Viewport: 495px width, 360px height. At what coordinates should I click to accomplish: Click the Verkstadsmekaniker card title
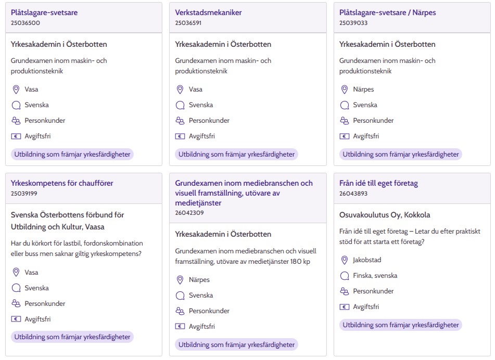pos(208,12)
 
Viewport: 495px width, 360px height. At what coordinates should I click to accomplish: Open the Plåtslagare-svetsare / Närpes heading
pos(387,12)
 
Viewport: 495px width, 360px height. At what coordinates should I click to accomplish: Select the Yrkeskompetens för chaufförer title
pos(62,183)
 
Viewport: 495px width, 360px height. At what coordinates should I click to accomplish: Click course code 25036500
pos(26,23)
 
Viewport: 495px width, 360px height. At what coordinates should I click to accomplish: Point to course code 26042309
pos(189,212)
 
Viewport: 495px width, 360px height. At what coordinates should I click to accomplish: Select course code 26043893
pos(353,194)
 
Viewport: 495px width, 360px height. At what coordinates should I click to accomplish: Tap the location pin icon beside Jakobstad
pos(344,260)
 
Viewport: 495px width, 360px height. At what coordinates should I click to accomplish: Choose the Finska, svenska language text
pos(375,276)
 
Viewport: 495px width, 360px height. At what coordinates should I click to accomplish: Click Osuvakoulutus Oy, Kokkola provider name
pos(385,215)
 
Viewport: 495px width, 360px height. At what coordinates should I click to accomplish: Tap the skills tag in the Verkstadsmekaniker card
pos(237,154)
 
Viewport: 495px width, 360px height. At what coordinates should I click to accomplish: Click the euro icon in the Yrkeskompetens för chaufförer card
pos(16,319)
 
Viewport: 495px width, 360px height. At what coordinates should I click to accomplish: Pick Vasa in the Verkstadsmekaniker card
pos(196,89)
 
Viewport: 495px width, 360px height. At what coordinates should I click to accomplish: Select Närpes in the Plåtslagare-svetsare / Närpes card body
pos(363,89)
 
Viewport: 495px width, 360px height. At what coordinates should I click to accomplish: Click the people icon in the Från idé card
pos(344,291)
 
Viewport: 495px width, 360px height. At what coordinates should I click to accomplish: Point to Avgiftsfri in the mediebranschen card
pos(201,327)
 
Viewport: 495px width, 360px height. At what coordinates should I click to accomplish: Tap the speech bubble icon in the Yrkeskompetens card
pos(16,288)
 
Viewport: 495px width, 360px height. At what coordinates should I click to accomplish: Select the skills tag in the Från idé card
pos(401,325)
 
